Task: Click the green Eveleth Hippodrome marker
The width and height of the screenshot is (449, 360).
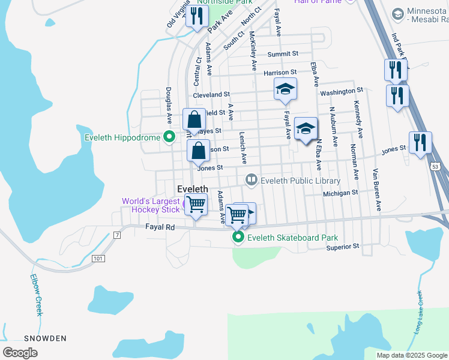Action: [169, 137]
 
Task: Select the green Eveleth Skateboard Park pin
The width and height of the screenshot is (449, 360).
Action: [238, 238]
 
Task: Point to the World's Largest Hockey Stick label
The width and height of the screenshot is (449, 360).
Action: [151, 205]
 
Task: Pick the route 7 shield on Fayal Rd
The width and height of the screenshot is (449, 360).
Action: [117, 233]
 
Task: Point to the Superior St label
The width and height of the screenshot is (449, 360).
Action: [343, 246]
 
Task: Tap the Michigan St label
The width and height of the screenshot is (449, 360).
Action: [340, 193]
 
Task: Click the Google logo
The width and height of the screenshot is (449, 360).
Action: [20, 352]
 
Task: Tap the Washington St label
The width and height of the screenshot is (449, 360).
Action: [342, 92]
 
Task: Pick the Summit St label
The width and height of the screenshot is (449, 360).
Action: [283, 54]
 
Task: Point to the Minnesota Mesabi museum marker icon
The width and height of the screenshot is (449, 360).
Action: [397, 13]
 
